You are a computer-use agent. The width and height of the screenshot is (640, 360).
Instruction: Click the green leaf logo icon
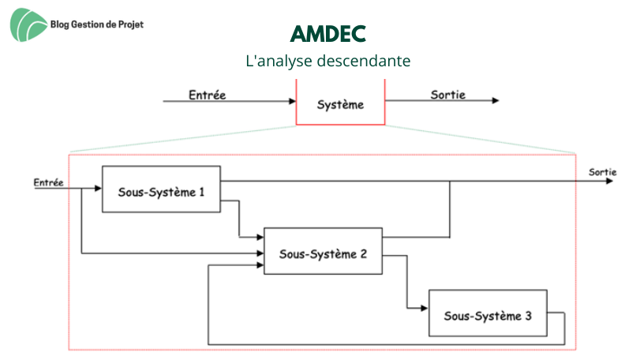[x=28, y=24]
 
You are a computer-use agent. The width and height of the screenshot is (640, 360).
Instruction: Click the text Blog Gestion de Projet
[x=97, y=24]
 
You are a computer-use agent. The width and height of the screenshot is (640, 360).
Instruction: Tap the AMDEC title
[x=328, y=33]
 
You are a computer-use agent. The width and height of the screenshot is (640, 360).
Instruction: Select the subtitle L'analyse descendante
[x=328, y=61]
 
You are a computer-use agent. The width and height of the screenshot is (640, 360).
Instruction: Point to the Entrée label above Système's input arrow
[x=208, y=95]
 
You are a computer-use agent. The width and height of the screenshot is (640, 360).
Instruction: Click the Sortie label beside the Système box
[x=447, y=95]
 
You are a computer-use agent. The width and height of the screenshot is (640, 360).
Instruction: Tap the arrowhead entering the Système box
[x=292, y=101]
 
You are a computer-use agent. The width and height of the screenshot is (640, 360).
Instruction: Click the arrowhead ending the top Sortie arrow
[x=496, y=100]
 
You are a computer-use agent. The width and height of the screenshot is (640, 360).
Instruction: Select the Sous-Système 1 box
[x=161, y=189]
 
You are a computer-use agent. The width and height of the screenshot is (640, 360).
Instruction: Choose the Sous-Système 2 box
[x=324, y=251]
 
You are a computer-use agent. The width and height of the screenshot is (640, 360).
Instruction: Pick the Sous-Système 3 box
[x=488, y=313]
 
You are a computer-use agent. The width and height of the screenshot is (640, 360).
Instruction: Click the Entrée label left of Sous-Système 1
[x=49, y=182]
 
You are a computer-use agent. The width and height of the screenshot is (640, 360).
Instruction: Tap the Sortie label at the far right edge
[x=602, y=172]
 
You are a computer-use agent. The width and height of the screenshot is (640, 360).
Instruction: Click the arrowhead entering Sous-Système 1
[x=98, y=188]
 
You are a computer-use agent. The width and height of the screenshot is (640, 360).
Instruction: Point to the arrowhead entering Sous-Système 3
[x=425, y=308]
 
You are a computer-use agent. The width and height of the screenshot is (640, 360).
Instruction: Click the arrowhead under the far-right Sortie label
[x=609, y=181]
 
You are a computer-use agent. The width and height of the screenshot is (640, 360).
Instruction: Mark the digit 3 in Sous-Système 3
[x=528, y=316]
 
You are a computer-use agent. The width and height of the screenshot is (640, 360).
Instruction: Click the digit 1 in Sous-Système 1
[x=202, y=192]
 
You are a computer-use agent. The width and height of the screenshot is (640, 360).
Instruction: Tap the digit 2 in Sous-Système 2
[x=364, y=254]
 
